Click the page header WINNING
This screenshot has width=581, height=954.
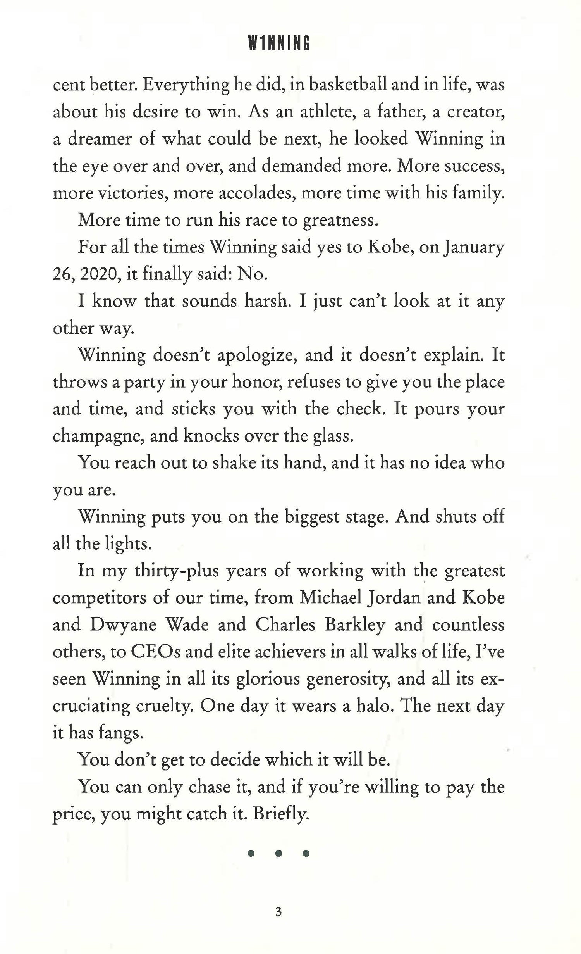pyautogui.click(x=279, y=43)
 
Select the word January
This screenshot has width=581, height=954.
pyautogui.click(x=474, y=247)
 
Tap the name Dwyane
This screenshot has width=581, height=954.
pyautogui.click(x=123, y=625)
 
